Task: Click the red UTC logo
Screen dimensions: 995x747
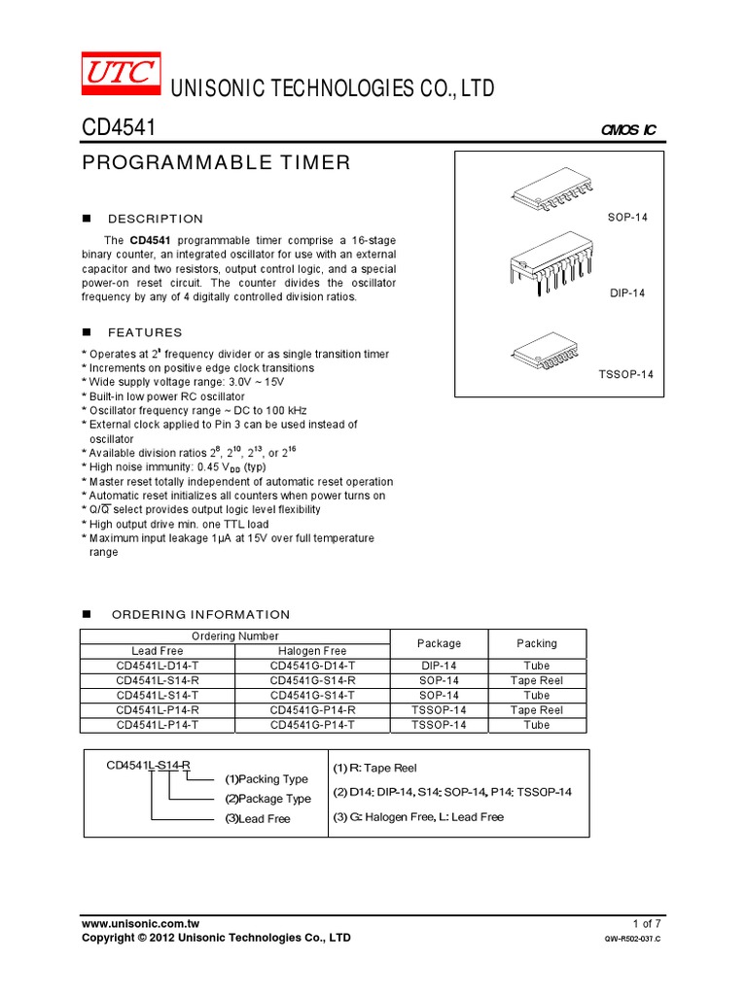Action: coord(119,74)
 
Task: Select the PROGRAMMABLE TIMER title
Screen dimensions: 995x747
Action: coord(215,163)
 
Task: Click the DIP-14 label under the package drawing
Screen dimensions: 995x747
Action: coord(627,292)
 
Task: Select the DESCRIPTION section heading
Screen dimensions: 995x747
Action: coord(156,219)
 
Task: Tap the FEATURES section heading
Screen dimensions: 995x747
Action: coord(145,332)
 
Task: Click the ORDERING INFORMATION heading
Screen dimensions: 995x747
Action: coord(200,614)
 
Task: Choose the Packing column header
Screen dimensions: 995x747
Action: coord(537,643)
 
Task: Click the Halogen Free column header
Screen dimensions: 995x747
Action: coord(312,651)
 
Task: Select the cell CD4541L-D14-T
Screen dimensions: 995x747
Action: coord(158,666)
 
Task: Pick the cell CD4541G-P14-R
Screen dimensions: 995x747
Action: coord(312,710)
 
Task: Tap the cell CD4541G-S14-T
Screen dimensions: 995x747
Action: coord(312,696)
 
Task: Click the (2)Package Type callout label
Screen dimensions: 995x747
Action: coord(268,799)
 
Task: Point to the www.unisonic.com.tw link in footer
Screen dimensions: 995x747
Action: coord(140,922)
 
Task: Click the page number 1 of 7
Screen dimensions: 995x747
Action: coord(646,922)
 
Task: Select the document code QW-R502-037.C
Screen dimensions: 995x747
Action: coord(632,940)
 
